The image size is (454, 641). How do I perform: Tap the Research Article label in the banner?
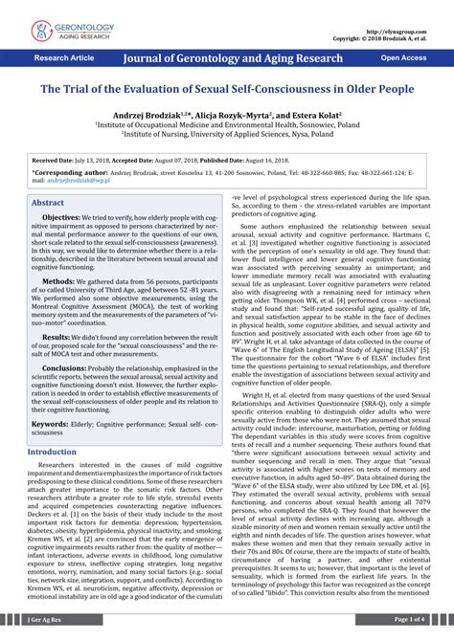64,58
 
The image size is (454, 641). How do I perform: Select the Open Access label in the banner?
403,58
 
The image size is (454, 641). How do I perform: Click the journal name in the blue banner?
233,59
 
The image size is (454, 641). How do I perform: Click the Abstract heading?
48,204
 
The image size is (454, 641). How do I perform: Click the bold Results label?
57,338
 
